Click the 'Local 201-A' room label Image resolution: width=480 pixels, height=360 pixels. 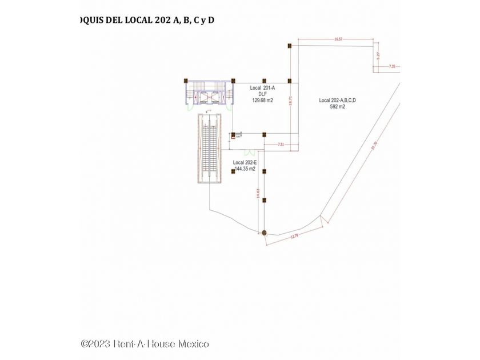[262, 88]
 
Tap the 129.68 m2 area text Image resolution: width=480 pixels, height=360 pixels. [262, 100]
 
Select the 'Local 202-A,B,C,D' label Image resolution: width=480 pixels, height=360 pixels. [337, 100]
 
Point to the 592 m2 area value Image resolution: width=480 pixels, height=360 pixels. [337, 106]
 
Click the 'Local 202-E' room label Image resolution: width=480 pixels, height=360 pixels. [245, 163]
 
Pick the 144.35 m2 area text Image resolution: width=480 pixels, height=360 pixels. [244, 169]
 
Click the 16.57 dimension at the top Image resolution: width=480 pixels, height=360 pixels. [338, 39]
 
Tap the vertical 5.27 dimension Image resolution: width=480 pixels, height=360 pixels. [378, 55]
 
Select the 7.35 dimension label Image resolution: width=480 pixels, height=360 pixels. [392, 67]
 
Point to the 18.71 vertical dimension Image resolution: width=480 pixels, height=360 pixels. [291, 101]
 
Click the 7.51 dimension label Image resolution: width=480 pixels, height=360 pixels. [281, 145]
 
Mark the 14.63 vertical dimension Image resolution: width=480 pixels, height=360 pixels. [258, 194]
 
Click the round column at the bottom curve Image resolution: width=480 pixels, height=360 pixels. [264, 232]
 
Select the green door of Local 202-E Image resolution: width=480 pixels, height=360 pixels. [250, 153]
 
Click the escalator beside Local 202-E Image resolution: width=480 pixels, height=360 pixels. [210, 147]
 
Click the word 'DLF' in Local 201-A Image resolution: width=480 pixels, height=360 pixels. [262, 94]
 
